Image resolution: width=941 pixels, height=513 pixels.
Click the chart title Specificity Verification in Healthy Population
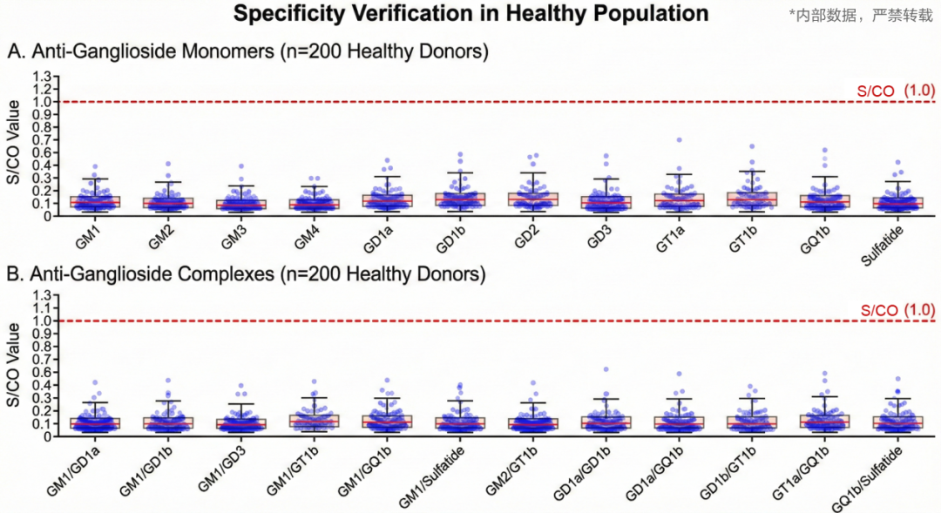pyautogui.click(x=470, y=14)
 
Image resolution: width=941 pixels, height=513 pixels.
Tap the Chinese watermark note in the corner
pyautogui.click(x=860, y=15)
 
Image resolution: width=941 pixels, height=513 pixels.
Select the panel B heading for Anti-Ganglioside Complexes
pyautogui.click(x=247, y=274)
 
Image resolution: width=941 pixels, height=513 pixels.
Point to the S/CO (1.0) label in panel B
pyautogui.click(x=897, y=309)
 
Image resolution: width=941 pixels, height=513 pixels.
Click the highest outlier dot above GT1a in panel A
pyautogui.click(x=678, y=139)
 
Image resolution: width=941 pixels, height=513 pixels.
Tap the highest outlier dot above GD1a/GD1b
pyautogui.click(x=605, y=369)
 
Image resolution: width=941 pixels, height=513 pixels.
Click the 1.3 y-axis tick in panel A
pyautogui.click(x=41, y=76)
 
